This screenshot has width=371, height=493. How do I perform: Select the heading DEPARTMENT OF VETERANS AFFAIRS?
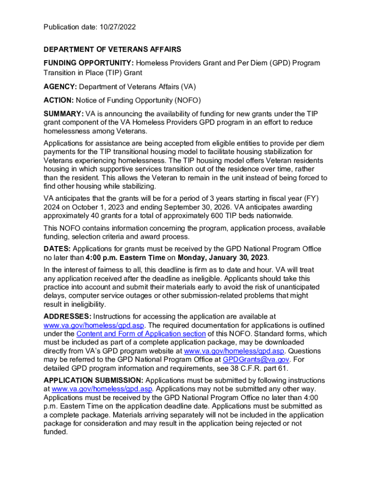click(112, 50)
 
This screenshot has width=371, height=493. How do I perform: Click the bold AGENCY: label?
click(60, 87)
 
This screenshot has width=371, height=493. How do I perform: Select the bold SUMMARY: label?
click(64, 114)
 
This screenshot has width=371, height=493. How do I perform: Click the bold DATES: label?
click(57, 249)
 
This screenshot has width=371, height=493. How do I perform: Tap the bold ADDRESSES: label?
click(67, 316)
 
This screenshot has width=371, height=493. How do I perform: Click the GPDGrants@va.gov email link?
click(256, 360)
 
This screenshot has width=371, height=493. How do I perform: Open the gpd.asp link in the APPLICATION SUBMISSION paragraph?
click(102, 389)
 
